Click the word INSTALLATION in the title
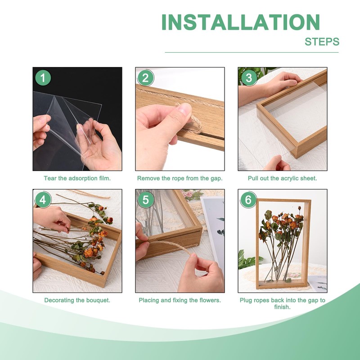coord(240,22)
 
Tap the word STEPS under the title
coord(322,42)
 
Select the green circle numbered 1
coord(43,78)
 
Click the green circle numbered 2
coord(145,78)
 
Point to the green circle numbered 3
coord(249,78)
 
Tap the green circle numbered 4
coord(43,200)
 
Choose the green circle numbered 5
coord(145,200)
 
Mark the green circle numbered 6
coord(248,200)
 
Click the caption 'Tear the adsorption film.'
coord(77,178)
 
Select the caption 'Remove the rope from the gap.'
coord(180,178)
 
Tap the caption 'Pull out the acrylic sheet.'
coord(283,178)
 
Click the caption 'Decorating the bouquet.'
coord(77,300)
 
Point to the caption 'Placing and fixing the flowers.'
coord(180,300)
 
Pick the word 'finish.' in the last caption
coord(283,307)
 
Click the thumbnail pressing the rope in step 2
coord(184,109)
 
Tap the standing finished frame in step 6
coord(283,244)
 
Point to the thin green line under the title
coord(252,52)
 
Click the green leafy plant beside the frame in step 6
coord(248,260)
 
